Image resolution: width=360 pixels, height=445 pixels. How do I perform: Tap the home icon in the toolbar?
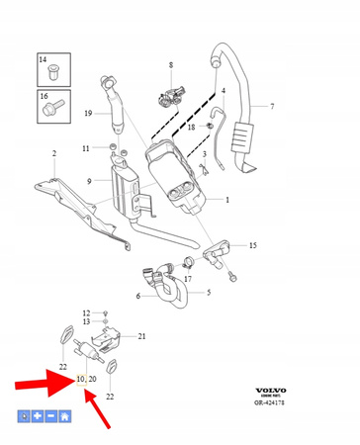[x=64, y=417]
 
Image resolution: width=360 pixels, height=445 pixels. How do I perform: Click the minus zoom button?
[x=50, y=417]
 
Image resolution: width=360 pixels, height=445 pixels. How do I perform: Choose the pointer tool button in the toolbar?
[x=23, y=417]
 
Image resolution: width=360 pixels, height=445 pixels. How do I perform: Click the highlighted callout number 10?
[x=78, y=379]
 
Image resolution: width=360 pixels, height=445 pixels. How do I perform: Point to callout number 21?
[x=141, y=337]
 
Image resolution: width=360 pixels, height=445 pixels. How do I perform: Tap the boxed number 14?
[x=44, y=60]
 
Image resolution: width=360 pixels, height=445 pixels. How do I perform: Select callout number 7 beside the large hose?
[x=273, y=105]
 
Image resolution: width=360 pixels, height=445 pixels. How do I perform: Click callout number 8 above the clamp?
[x=169, y=66]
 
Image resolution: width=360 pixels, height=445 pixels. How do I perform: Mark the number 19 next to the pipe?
[x=88, y=114]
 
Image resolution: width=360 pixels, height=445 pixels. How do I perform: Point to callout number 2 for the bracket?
[x=54, y=153]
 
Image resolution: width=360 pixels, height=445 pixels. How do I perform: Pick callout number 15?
[x=253, y=244]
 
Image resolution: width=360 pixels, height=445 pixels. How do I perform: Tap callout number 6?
[x=138, y=297]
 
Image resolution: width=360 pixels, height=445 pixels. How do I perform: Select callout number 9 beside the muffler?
[x=90, y=181]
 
